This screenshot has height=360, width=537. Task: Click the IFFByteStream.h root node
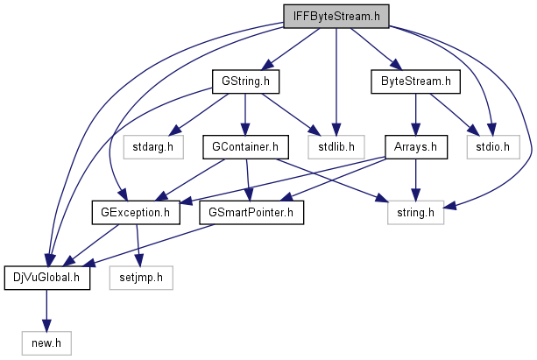336,15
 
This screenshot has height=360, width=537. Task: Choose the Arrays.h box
416,146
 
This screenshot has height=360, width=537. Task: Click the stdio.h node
492,146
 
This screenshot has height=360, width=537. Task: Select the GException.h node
136,211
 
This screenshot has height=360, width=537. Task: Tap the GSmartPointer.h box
251,211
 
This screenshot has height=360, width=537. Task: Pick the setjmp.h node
142,277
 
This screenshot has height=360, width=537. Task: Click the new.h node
46,342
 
